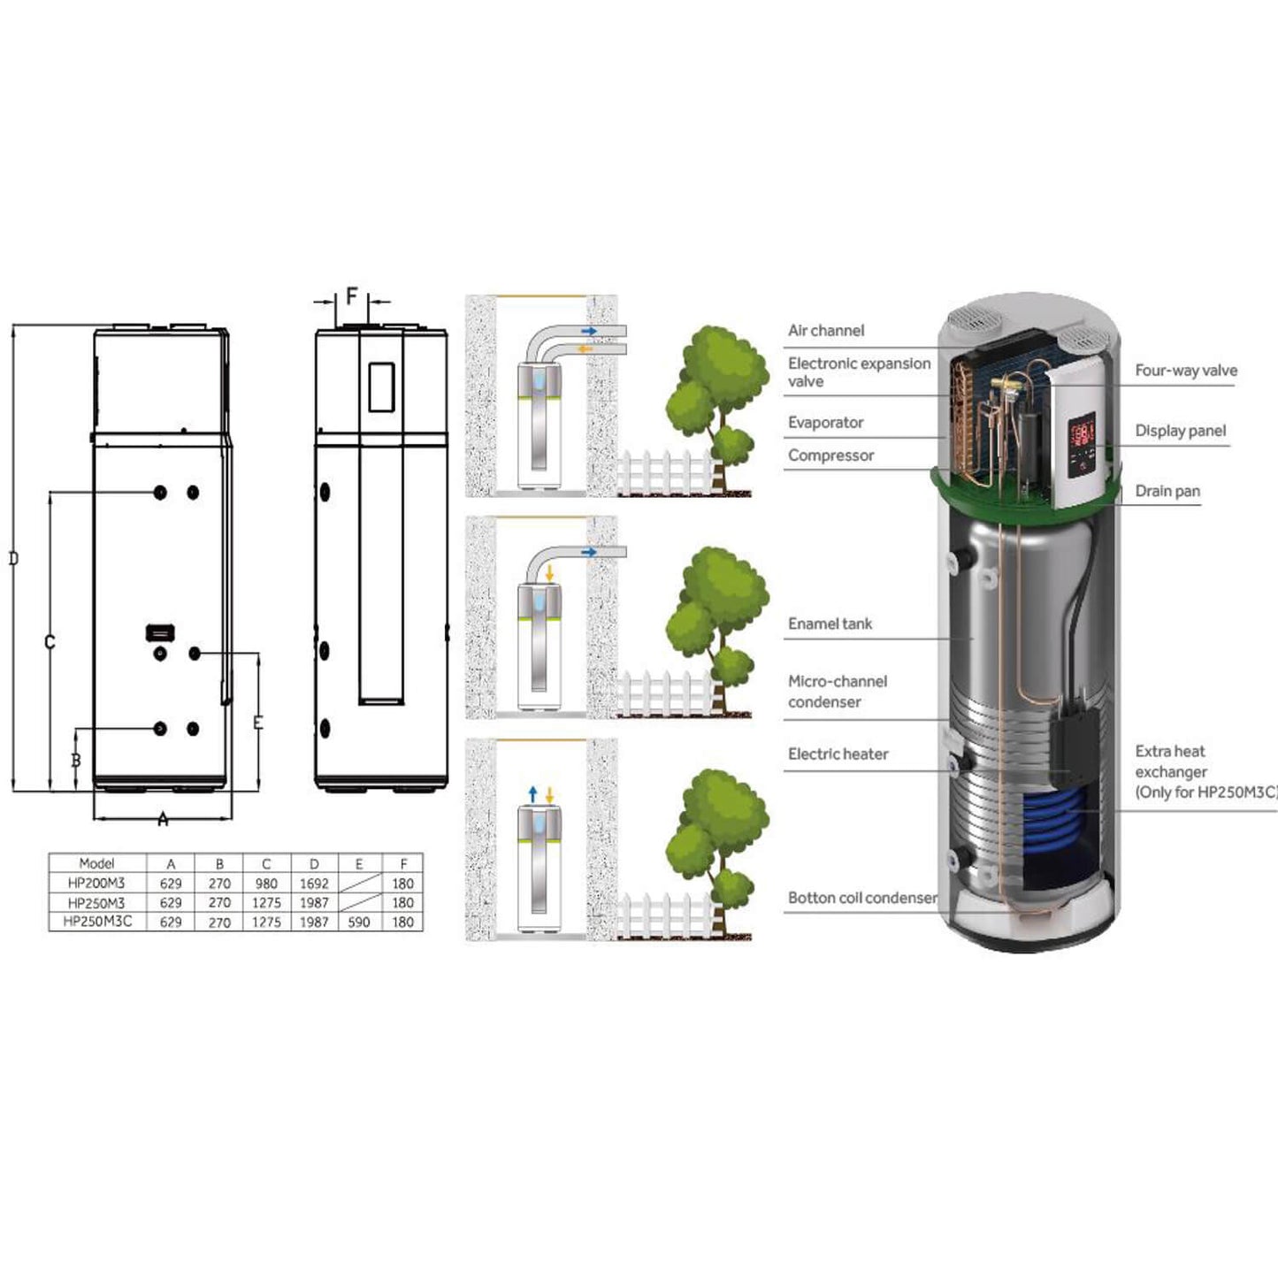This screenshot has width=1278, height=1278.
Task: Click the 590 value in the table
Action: click(358, 922)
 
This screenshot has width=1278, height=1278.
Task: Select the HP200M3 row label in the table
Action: click(96, 884)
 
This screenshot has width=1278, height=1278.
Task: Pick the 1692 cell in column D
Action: click(313, 884)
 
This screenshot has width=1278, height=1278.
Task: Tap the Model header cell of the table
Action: click(96, 864)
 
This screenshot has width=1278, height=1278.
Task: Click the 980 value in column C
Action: click(265, 884)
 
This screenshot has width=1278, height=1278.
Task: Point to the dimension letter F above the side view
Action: click(351, 296)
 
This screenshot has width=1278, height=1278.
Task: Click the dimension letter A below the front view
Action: click(163, 820)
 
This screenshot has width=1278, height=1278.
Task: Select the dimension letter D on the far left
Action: click(13, 559)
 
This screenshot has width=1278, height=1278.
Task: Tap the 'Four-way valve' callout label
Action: click(1185, 371)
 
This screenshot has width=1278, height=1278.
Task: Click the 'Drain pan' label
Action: click(1167, 492)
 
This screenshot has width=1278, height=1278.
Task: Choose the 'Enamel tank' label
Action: click(830, 624)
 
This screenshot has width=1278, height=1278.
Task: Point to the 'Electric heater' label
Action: click(838, 754)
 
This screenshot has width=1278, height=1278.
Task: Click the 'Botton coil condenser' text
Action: click(862, 898)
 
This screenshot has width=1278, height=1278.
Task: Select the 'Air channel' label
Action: click(826, 331)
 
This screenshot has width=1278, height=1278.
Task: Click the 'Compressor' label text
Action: click(830, 455)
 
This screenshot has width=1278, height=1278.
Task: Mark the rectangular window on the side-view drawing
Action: click(381, 386)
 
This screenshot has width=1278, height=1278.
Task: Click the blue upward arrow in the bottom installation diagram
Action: click(532, 794)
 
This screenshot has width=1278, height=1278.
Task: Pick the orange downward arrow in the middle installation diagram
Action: click(549, 574)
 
